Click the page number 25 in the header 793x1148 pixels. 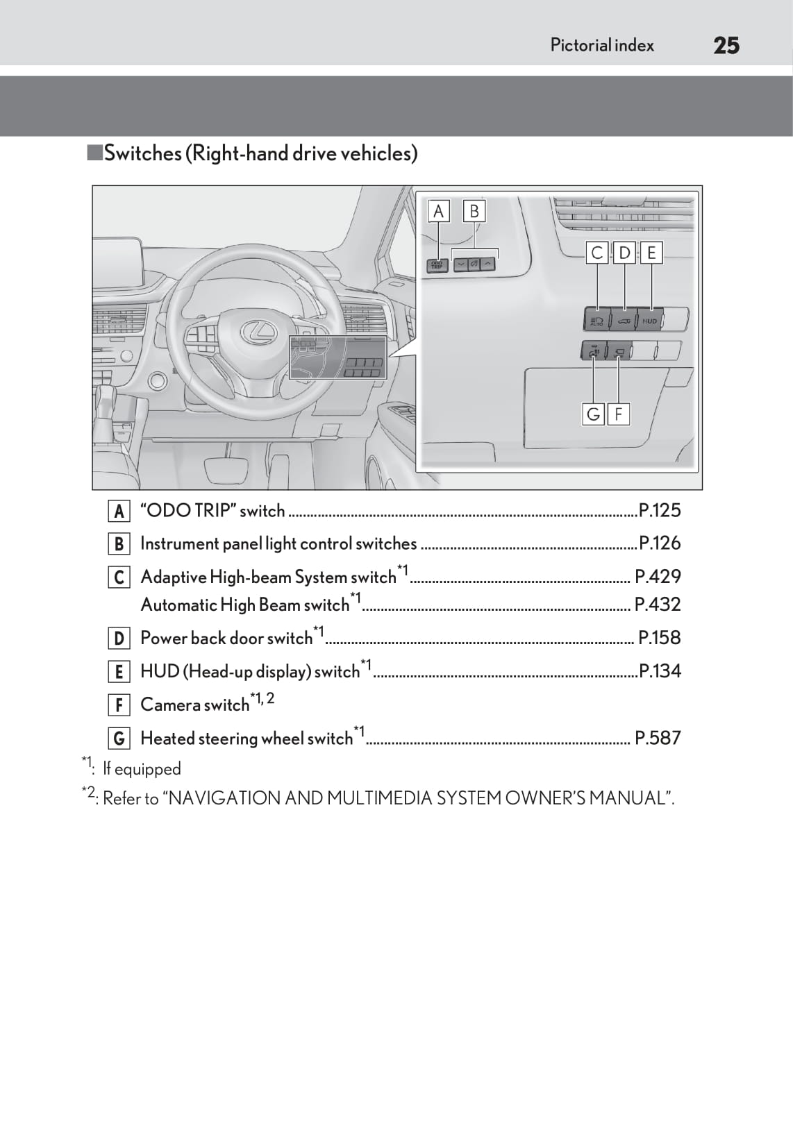[x=726, y=46]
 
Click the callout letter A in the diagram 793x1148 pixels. [x=438, y=211]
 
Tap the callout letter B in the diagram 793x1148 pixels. [x=474, y=211]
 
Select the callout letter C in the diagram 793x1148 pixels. [x=596, y=253]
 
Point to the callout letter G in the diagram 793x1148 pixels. [x=593, y=414]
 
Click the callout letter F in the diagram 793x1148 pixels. [x=618, y=414]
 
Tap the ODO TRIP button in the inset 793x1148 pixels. [x=437, y=264]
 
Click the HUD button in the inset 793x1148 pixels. [x=649, y=321]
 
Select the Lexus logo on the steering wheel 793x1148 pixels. [x=258, y=332]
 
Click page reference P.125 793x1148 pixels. [x=660, y=511]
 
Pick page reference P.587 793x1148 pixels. [x=658, y=738]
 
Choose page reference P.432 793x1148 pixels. [x=658, y=605]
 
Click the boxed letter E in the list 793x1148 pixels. [x=119, y=672]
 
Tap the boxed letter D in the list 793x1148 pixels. [x=119, y=639]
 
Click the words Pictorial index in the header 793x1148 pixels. [x=602, y=46]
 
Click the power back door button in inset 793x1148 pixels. [x=623, y=321]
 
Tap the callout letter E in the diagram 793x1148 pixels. [x=651, y=253]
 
